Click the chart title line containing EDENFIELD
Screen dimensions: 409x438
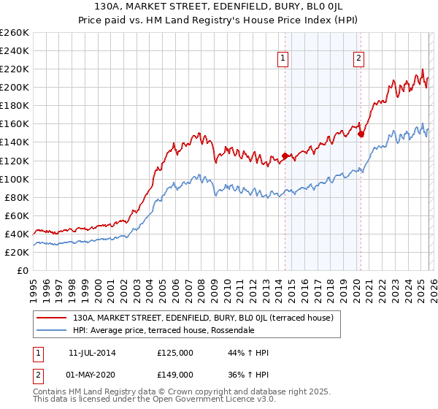click(x=219, y=7)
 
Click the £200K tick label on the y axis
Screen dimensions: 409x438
click(x=15, y=87)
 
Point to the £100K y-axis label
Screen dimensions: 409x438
click(x=15, y=179)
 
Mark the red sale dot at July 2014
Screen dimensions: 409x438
click(x=285, y=156)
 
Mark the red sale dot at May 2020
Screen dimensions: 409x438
click(x=361, y=134)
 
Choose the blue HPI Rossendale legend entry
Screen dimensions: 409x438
click(x=163, y=330)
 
